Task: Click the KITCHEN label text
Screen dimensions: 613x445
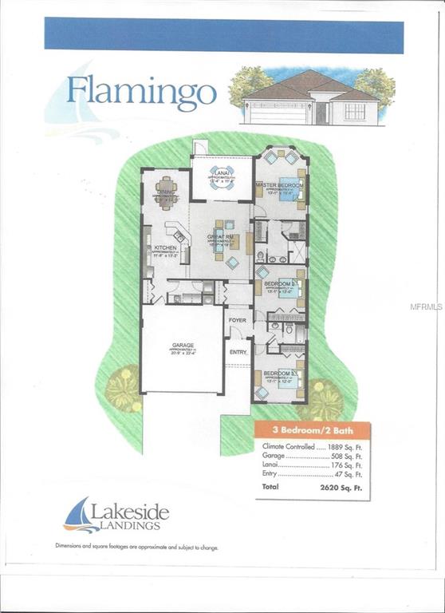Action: [x=163, y=248]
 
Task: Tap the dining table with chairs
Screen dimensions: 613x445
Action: [x=167, y=192]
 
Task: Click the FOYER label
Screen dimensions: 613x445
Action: [x=237, y=320]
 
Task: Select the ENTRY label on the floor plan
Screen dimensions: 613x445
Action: [x=238, y=350]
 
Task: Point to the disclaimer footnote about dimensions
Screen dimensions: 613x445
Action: [x=136, y=548]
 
